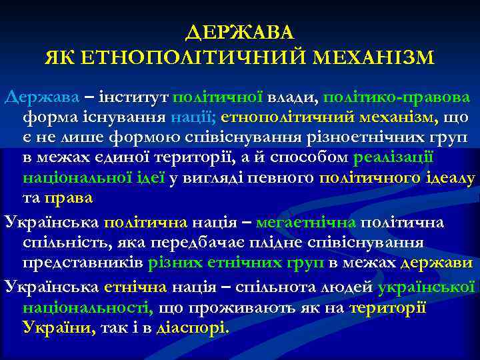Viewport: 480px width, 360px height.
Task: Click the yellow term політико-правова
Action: point(397,97)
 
